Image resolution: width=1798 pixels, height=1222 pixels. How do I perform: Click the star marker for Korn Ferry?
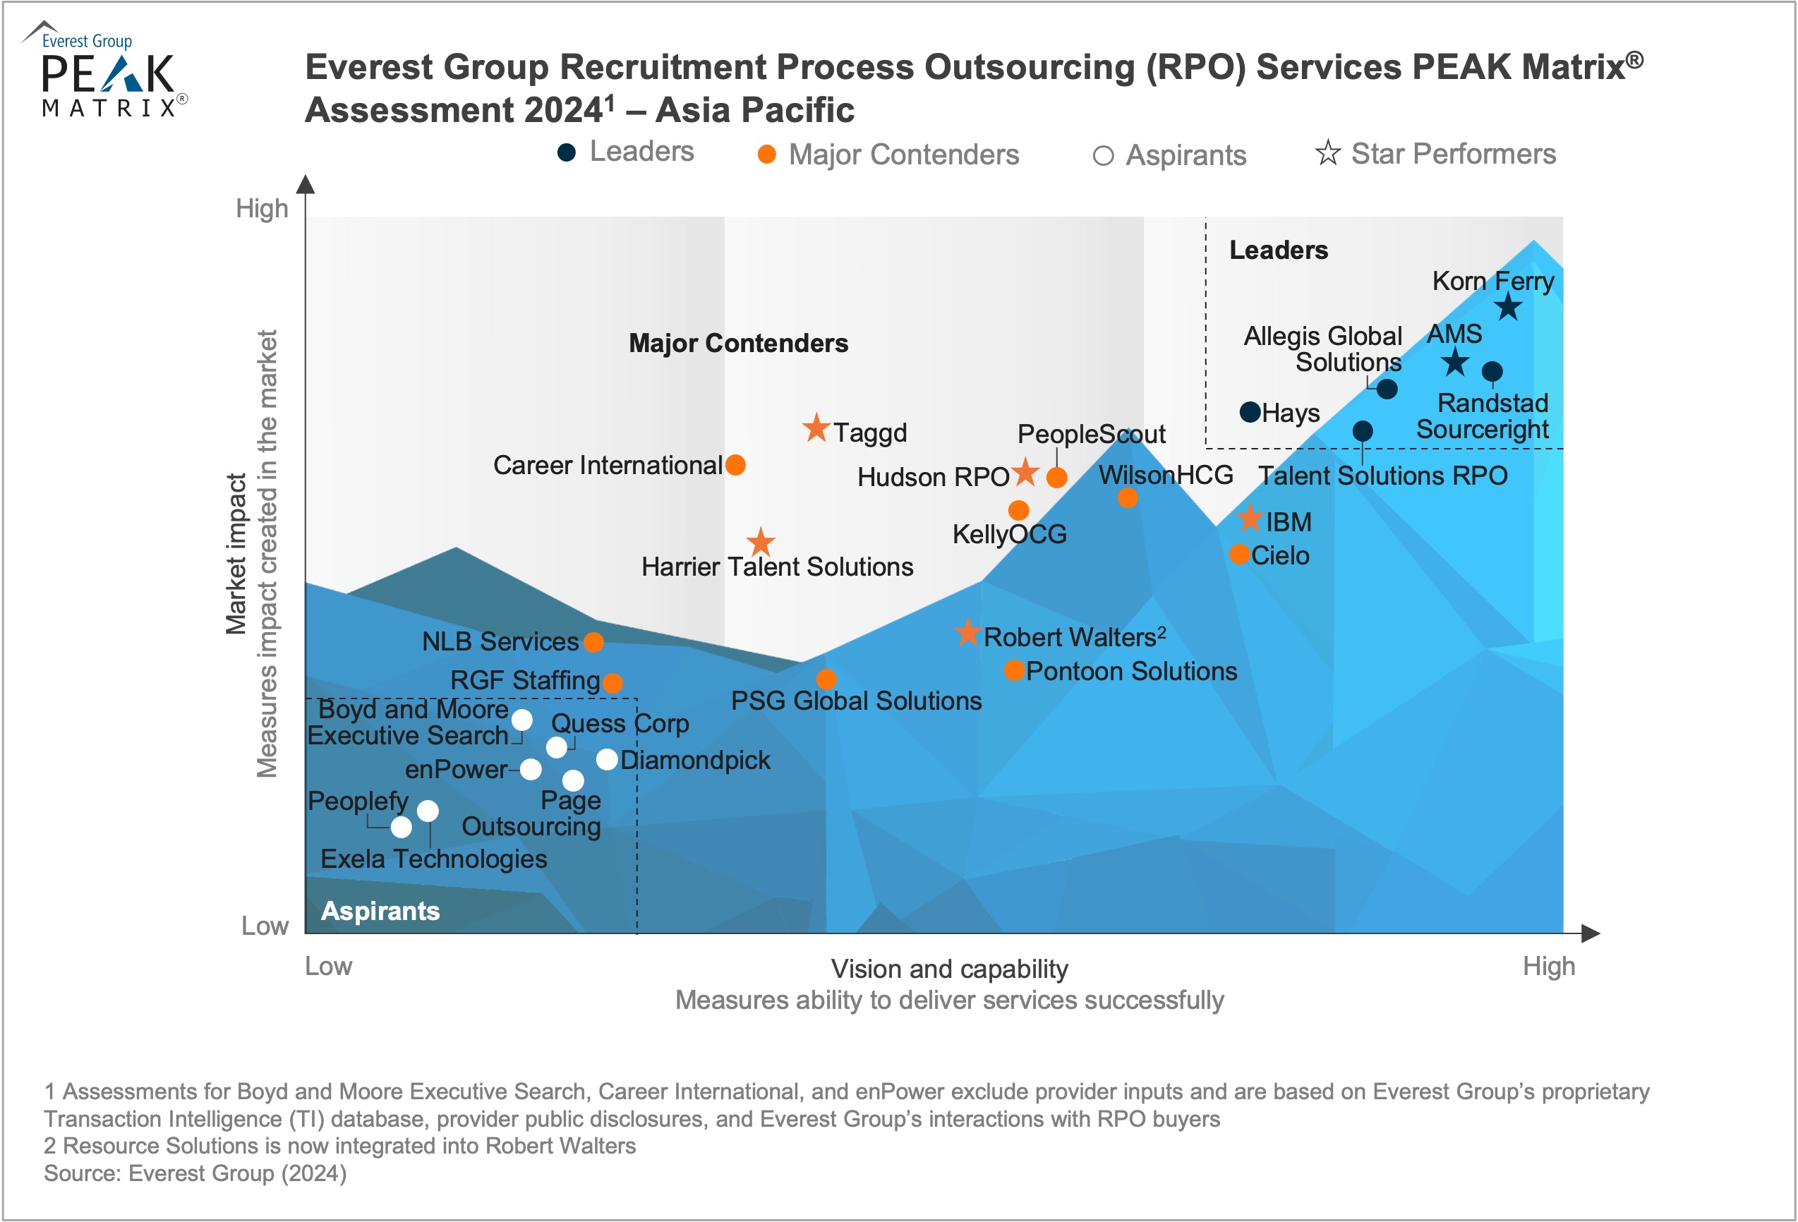(x=1508, y=307)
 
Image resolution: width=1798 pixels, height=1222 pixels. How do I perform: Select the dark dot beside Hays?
(x=1250, y=411)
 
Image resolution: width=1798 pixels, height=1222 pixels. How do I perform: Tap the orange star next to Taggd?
(x=816, y=428)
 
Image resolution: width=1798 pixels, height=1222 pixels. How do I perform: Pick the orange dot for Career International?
(x=735, y=465)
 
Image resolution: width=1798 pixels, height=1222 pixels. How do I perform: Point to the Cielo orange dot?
(x=1238, y=554)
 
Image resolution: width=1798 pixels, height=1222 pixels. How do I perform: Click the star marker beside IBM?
(x=1250, y=517)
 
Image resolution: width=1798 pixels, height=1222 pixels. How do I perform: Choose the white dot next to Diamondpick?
(x=608, y=759)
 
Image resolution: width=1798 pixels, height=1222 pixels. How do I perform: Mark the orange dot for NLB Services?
(x=593, y=642)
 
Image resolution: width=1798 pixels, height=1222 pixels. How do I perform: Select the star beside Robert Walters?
(x=967, y=633)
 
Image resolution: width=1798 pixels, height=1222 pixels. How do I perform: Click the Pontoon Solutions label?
(x=1131, y=670)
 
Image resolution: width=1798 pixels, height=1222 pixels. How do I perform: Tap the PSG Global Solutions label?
(x=856, y=701)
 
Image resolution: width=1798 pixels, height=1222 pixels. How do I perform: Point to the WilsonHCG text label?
(x=1165, y=475)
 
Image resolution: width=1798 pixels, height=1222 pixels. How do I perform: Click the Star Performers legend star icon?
(x=1327, y=153)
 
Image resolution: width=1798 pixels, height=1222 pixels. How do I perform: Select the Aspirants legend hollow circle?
(x=1102, y=156)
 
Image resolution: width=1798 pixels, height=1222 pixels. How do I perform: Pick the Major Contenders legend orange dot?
(x=767, y=155)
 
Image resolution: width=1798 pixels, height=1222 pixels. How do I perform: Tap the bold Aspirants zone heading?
(x=380, y=910)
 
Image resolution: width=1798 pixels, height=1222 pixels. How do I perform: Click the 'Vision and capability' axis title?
(x=949, y=968)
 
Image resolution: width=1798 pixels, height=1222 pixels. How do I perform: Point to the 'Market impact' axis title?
(x=236, y=554)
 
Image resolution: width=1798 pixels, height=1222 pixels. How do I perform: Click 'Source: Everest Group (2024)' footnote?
(x=195, y=1173)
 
